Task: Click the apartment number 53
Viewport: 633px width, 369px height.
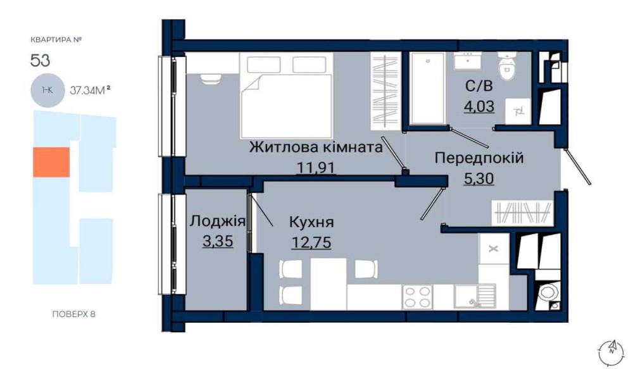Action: [x=40, y=61]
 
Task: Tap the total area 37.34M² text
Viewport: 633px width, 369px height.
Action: [x=90, y=90]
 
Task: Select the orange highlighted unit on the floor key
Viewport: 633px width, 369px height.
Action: [x=51, y=162]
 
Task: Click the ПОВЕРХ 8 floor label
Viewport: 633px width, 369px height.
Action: [x=74, y=314]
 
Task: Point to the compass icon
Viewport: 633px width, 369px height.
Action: [x=611, y=352]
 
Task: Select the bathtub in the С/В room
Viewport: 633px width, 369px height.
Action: [x=427, y=87]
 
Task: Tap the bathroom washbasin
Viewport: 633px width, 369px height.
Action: [x=468, y=61]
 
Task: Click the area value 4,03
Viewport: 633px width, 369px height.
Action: [x=479, y=106]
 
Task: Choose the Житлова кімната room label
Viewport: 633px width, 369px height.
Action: [x=316, y=147]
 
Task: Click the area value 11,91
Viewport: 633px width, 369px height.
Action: [x=316, y=166]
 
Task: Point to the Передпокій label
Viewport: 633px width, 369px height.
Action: [x=479, y=158]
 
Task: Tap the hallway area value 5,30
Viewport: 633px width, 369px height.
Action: [x=479, y=178]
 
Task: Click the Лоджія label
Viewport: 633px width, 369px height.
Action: [x=218, y=222]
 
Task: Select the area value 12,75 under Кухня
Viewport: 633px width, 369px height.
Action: [x=311, y=242]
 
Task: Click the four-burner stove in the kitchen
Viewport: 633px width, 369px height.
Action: [x=417, y=297]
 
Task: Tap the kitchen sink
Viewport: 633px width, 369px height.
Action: [x=475, y=296]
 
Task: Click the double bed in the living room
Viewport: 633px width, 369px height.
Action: [x=286, y=96]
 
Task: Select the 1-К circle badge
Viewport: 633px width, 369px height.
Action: [x=47, y=91]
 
